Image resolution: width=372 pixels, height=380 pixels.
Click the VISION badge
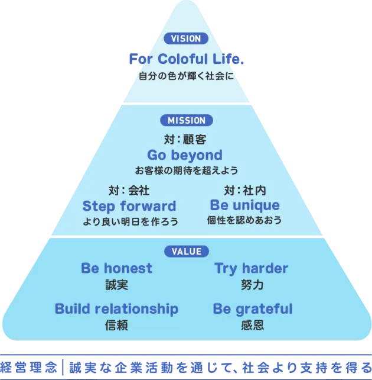tap(186, 38)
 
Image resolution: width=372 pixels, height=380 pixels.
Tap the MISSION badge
tap(186, 120)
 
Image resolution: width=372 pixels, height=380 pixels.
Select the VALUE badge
tap(186, 252)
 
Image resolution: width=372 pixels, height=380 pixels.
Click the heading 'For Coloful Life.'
tap(186, 60)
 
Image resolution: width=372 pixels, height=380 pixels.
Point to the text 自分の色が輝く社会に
tap(186, 76)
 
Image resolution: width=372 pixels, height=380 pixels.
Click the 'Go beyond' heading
tap(185, 155)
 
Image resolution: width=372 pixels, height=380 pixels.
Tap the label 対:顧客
tap(185, 140)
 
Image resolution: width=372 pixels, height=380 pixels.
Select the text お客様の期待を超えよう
tap(186, 170)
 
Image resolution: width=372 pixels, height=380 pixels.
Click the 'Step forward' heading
tap(129, 206)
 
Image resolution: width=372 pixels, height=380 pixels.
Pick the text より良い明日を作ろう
tap(130, 221)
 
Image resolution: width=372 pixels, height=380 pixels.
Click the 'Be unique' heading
tap(244, 205)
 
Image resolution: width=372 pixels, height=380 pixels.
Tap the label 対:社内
tap(244, 191)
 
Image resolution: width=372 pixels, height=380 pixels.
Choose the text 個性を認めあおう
tap(244, 220)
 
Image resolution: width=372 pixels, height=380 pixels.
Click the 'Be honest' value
tap(116, 268)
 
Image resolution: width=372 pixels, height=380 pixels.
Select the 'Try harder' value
tap(251, 268)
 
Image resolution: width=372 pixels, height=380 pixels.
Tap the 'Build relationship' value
tap(116, 309)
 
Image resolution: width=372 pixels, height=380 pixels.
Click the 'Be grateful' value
tap(252, 309)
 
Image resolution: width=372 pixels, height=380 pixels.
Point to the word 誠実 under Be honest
tap(116, 285)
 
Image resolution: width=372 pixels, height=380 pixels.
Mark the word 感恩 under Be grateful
tap(252, 325)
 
